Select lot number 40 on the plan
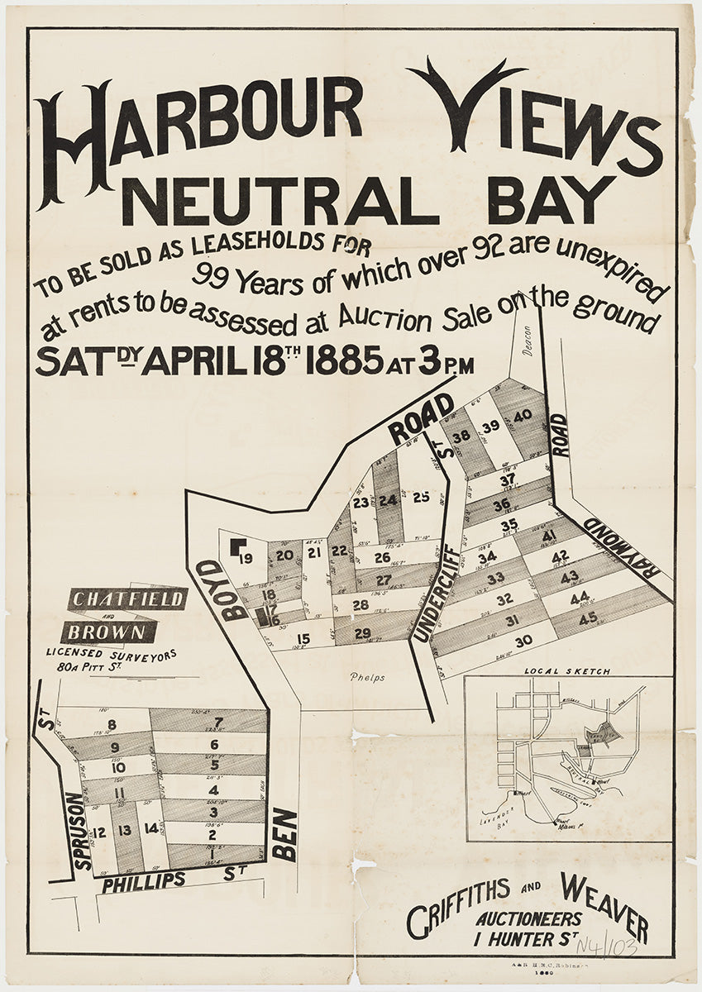click(x=521, y=417)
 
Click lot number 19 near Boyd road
click(x=246, y=558)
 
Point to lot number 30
click(x=523, y=641)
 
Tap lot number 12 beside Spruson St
click(x=99, y=832)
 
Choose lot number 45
click(x=588, y=618)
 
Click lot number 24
click(x=387, y=499)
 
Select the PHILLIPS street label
click(x=145, y=880)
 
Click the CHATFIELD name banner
click(x=127, y=599)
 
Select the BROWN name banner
click(x=108, y=632)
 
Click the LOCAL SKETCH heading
click(x=567, y=671)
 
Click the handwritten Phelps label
click(x=367, y=678)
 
